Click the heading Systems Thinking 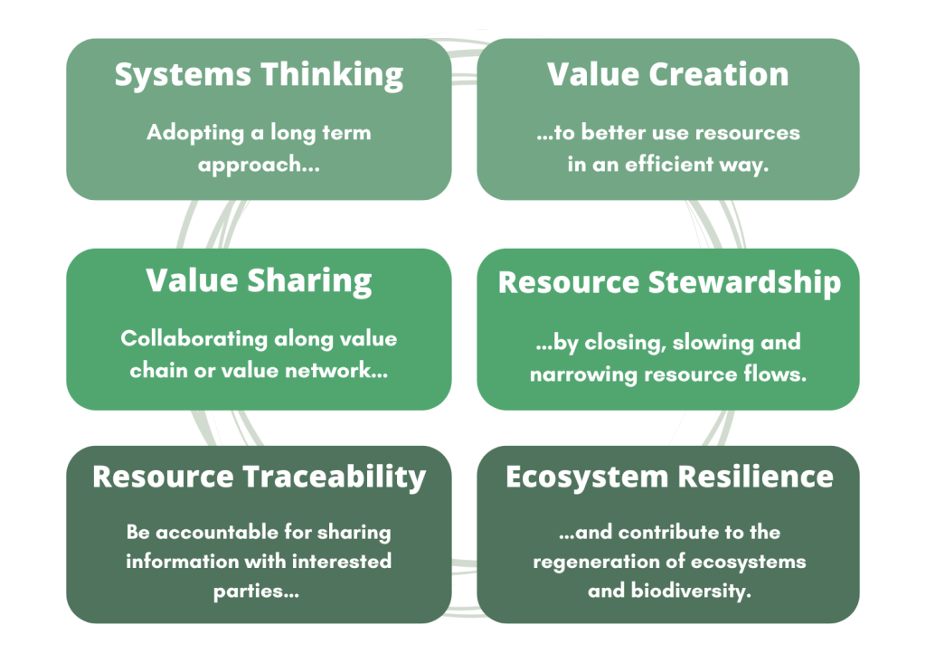click(259, 76)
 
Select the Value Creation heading click(668, 74)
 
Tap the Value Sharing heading click(259, 281)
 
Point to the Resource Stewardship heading click(669, 283)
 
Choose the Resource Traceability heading click(259, 478)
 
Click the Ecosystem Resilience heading click(669, 478)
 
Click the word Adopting click(195, 134)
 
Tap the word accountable click(217, 533)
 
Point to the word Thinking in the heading click(332, 76)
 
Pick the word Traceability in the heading click(335, 478)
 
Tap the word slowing click(713, 343)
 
